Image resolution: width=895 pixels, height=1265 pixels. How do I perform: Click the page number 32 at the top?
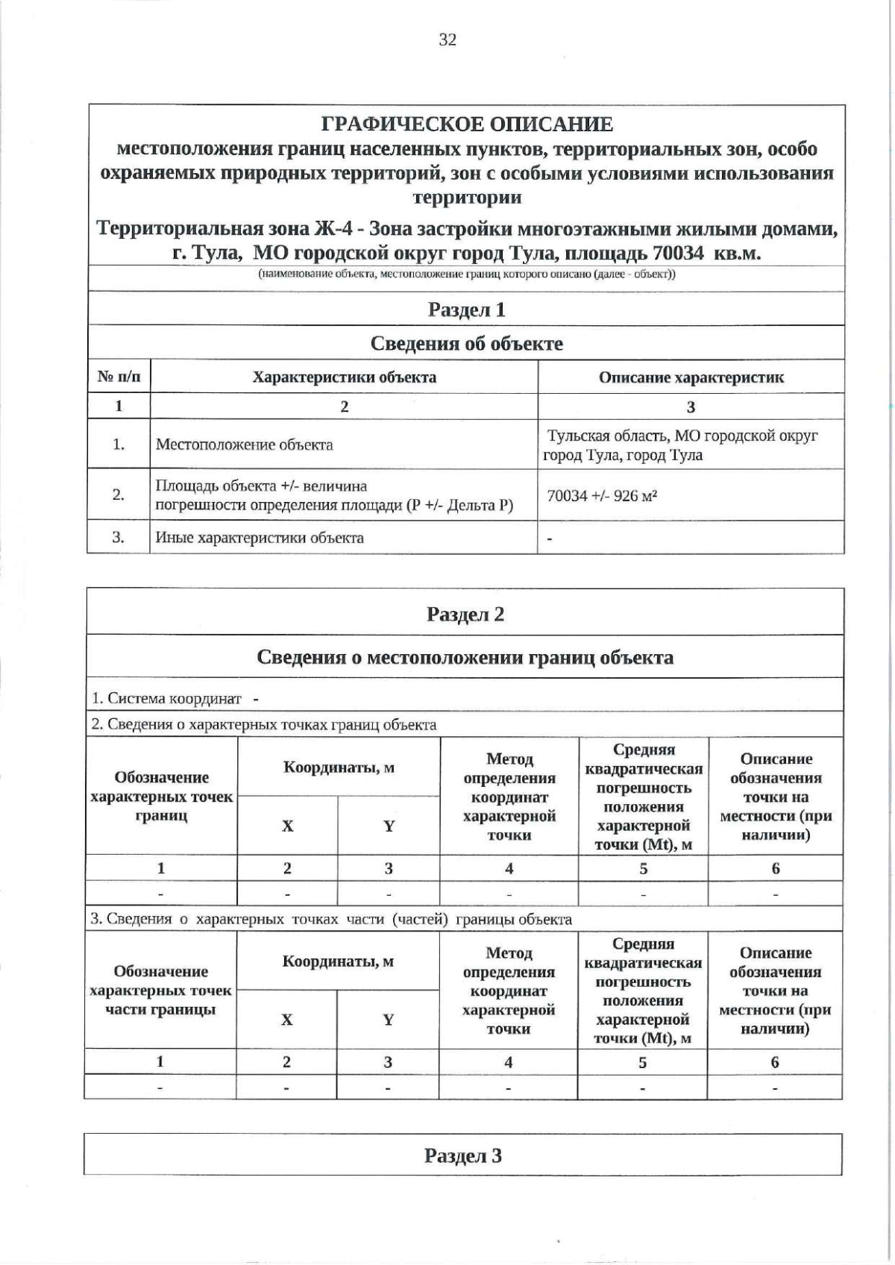tap(447, 40)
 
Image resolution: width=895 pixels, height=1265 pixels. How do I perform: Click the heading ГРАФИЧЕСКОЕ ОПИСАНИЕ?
tap(467, 125)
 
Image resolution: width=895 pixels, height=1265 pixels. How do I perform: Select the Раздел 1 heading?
tap(467, 310)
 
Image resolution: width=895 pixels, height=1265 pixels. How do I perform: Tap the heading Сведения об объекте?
tap(467, 344)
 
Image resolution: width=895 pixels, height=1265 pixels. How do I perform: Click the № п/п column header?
tap(119, 377)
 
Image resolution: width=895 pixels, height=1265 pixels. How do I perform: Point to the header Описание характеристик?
tap(691, 377)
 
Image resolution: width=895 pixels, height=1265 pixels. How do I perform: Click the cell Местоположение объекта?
tap(245, 445)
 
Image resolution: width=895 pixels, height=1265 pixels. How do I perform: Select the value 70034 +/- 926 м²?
tap(602, 496)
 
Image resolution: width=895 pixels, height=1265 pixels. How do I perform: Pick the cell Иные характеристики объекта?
tap(260, 538)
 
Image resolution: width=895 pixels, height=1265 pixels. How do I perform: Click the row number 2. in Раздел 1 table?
tap(119, 495)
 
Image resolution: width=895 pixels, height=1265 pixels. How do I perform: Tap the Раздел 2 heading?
tap(465, 615)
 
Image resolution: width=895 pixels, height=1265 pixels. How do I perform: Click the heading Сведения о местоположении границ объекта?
tap(465, 658)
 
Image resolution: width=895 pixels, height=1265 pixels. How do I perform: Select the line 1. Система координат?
tap(167, 699)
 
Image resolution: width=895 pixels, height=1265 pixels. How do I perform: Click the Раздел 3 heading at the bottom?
tap(463, 1156)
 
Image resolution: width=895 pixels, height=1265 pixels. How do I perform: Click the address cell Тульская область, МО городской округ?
tap(682, 436)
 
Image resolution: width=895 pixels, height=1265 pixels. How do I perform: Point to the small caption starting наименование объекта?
tap(467, 274)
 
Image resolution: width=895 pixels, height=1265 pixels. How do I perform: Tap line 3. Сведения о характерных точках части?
tap(331, 919)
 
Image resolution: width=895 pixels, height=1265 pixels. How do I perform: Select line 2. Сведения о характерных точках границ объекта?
tap(264, 724)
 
